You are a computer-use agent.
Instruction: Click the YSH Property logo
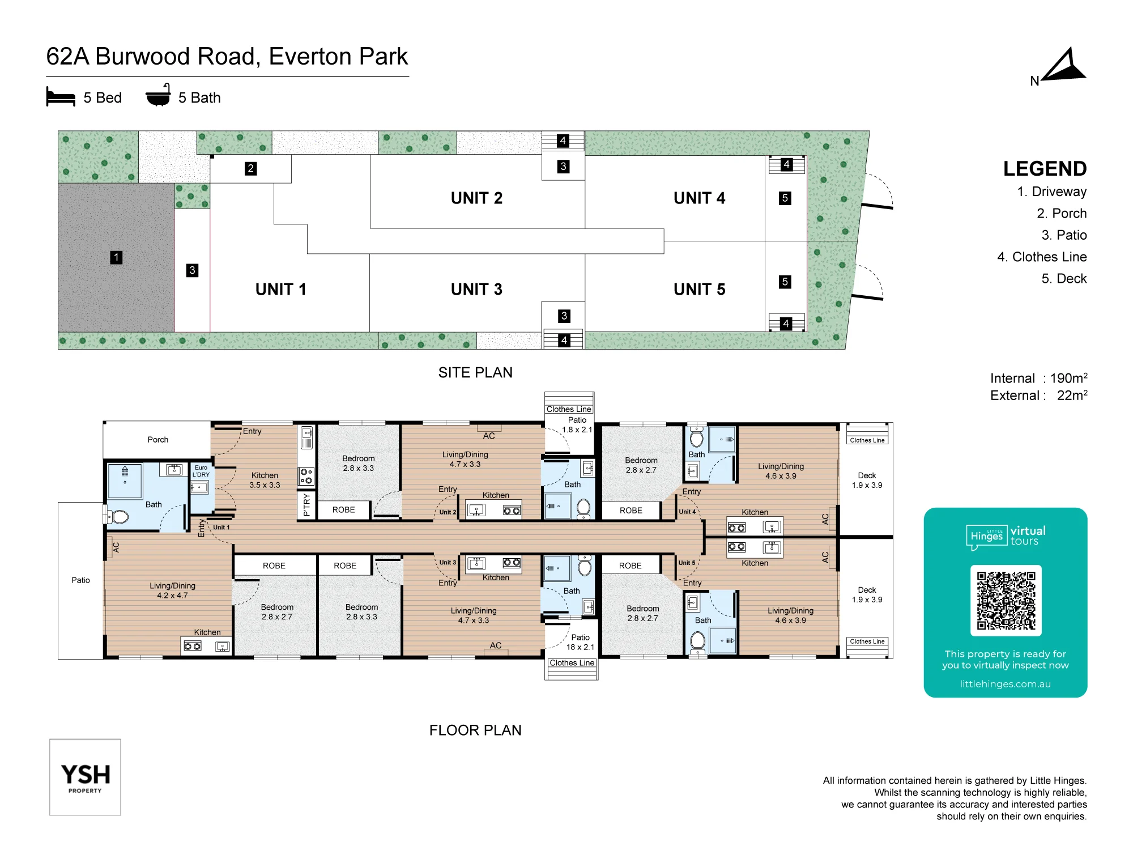[85, 777]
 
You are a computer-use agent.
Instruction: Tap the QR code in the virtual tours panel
[1006, 600]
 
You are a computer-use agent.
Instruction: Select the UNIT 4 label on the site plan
[699, 198]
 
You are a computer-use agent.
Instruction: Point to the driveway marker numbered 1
[116, 257]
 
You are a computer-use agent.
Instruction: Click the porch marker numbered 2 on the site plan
[250, 168]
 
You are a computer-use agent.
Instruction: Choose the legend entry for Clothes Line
[1042, 257]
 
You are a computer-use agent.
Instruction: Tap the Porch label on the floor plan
[158, 439]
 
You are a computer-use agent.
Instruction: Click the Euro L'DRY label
[201, 471]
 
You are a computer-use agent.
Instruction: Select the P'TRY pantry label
[306, 504]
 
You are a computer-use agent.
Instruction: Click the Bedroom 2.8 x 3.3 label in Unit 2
[359, 463]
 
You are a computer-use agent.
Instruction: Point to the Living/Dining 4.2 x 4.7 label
[172, 590]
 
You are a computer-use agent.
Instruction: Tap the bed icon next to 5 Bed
[61, 97]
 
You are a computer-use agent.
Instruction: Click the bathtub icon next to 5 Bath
[158, 95]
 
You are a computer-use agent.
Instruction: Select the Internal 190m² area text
[1038, 378]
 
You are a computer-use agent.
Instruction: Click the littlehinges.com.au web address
[1005, 684]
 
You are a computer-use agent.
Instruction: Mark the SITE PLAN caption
[475, 372]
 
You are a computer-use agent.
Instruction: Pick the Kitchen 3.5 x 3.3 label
[265, 480]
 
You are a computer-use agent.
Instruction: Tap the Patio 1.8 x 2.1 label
[577, 424]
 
